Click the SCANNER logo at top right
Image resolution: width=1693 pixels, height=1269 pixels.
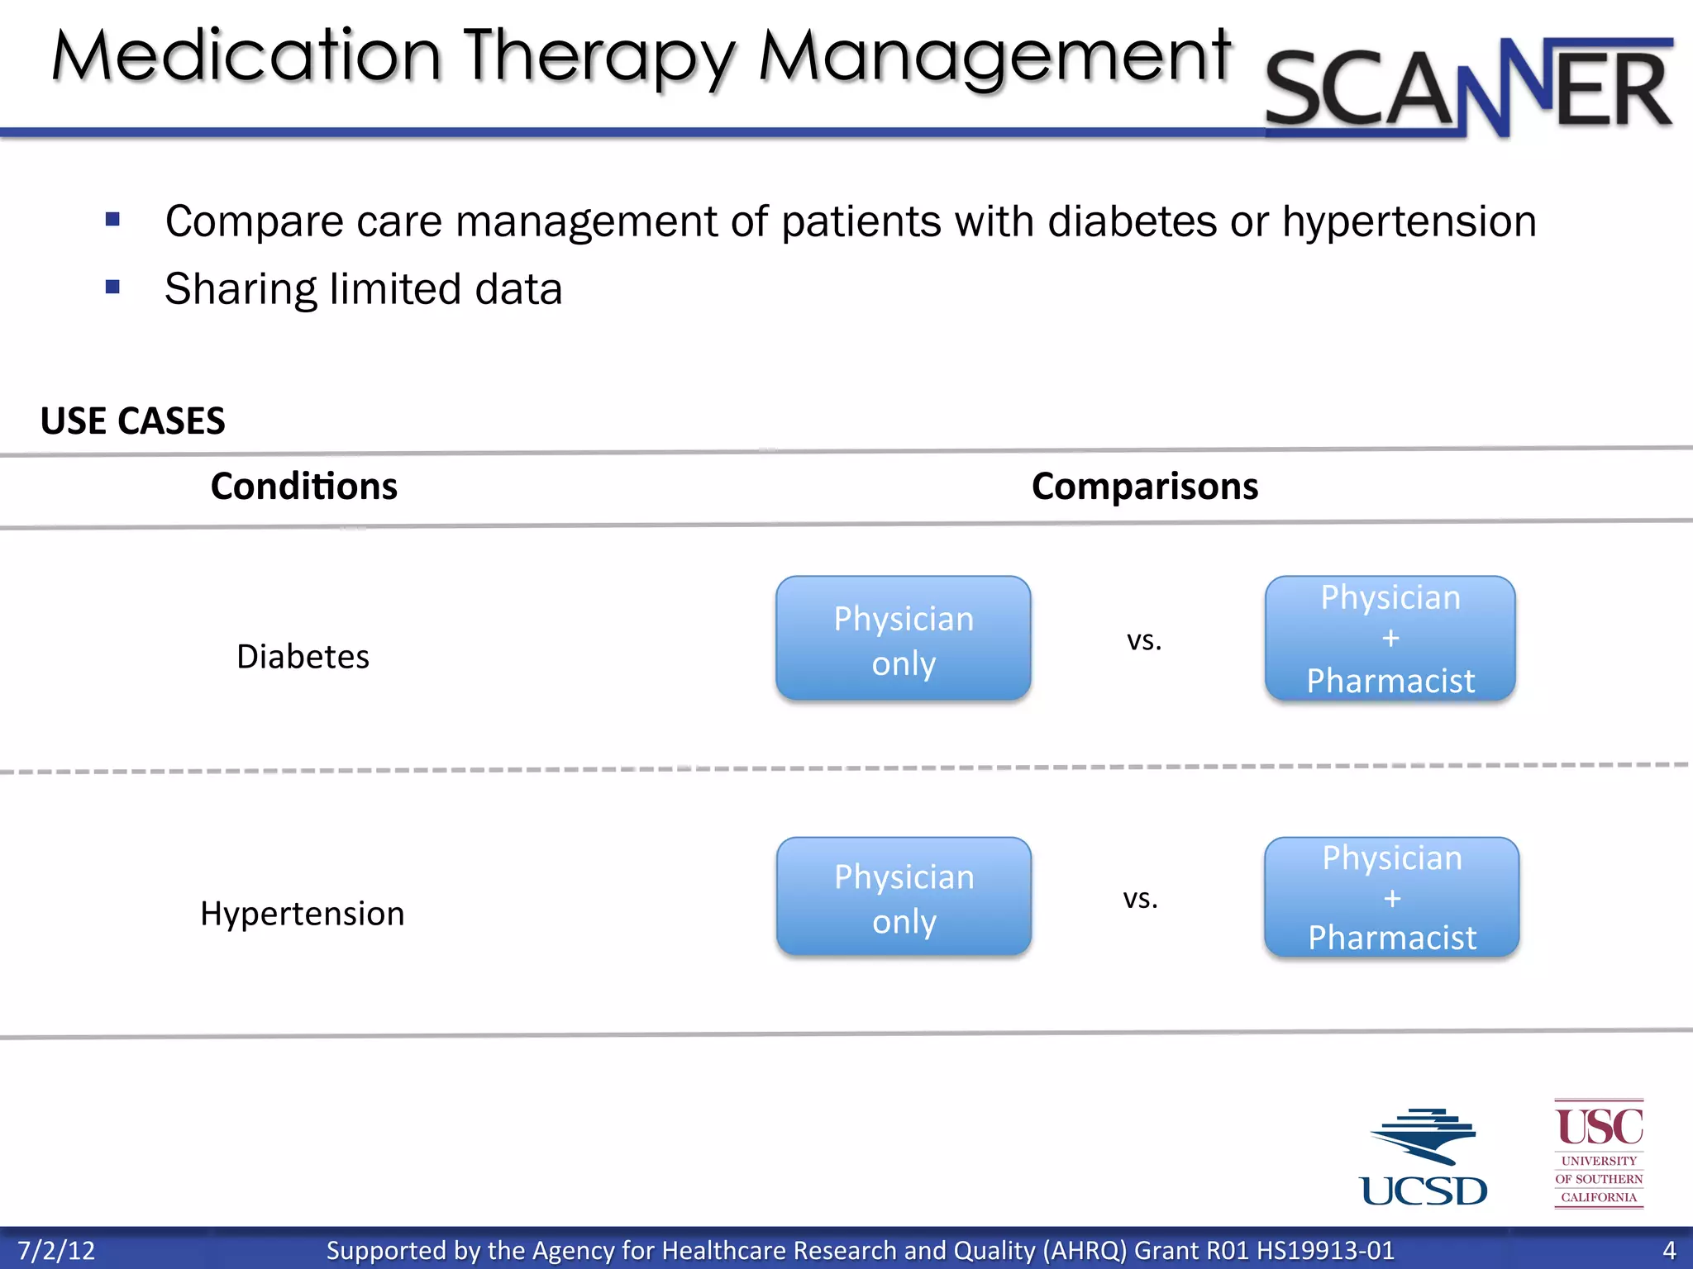[1468, 87]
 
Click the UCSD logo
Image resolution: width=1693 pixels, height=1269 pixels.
[1424, 1157]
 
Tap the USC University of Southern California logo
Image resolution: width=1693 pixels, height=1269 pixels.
[1599, 1153]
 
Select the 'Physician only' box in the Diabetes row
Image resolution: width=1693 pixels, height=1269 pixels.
[904, 639]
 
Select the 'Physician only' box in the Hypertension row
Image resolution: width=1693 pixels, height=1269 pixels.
[904, 897]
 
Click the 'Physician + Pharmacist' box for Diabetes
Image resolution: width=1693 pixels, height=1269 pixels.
[1390, 639]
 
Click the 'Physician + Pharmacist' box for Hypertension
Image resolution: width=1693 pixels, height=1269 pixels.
[1391, 897]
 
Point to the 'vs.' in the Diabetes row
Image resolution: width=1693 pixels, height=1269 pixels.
[1144, 640]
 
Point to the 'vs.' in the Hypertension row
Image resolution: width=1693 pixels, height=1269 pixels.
[1140, 898]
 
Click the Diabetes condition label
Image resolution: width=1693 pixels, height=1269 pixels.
[303, 657]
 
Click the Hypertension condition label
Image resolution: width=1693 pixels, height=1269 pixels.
[303, 914]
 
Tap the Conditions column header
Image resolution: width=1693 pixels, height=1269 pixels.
[303, 486]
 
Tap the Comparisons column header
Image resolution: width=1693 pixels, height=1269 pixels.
[1145, 486]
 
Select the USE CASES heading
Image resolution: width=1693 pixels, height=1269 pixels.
[132, 421]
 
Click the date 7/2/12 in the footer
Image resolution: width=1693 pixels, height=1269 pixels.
[56, 1250]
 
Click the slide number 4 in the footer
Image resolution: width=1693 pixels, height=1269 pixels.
[1669, 1250]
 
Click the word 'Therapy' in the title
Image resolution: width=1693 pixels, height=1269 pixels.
[599, 58]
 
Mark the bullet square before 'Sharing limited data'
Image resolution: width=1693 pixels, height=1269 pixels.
[113, 288]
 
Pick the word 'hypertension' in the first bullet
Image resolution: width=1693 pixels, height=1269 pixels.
[1409, 221]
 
